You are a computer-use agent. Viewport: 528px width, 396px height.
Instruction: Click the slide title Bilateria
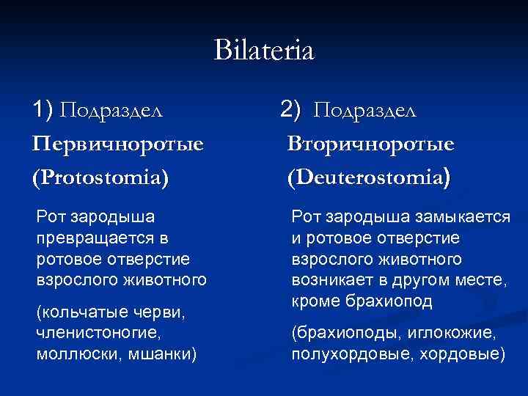pos(263,51)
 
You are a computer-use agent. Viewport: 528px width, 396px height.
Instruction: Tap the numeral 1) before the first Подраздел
pos(43,110)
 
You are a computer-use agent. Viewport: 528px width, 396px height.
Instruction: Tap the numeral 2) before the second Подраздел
pos(290,110)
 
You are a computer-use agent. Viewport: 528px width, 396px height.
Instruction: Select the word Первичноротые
pos(117,144)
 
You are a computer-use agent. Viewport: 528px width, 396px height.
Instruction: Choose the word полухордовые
pos(343,355)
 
